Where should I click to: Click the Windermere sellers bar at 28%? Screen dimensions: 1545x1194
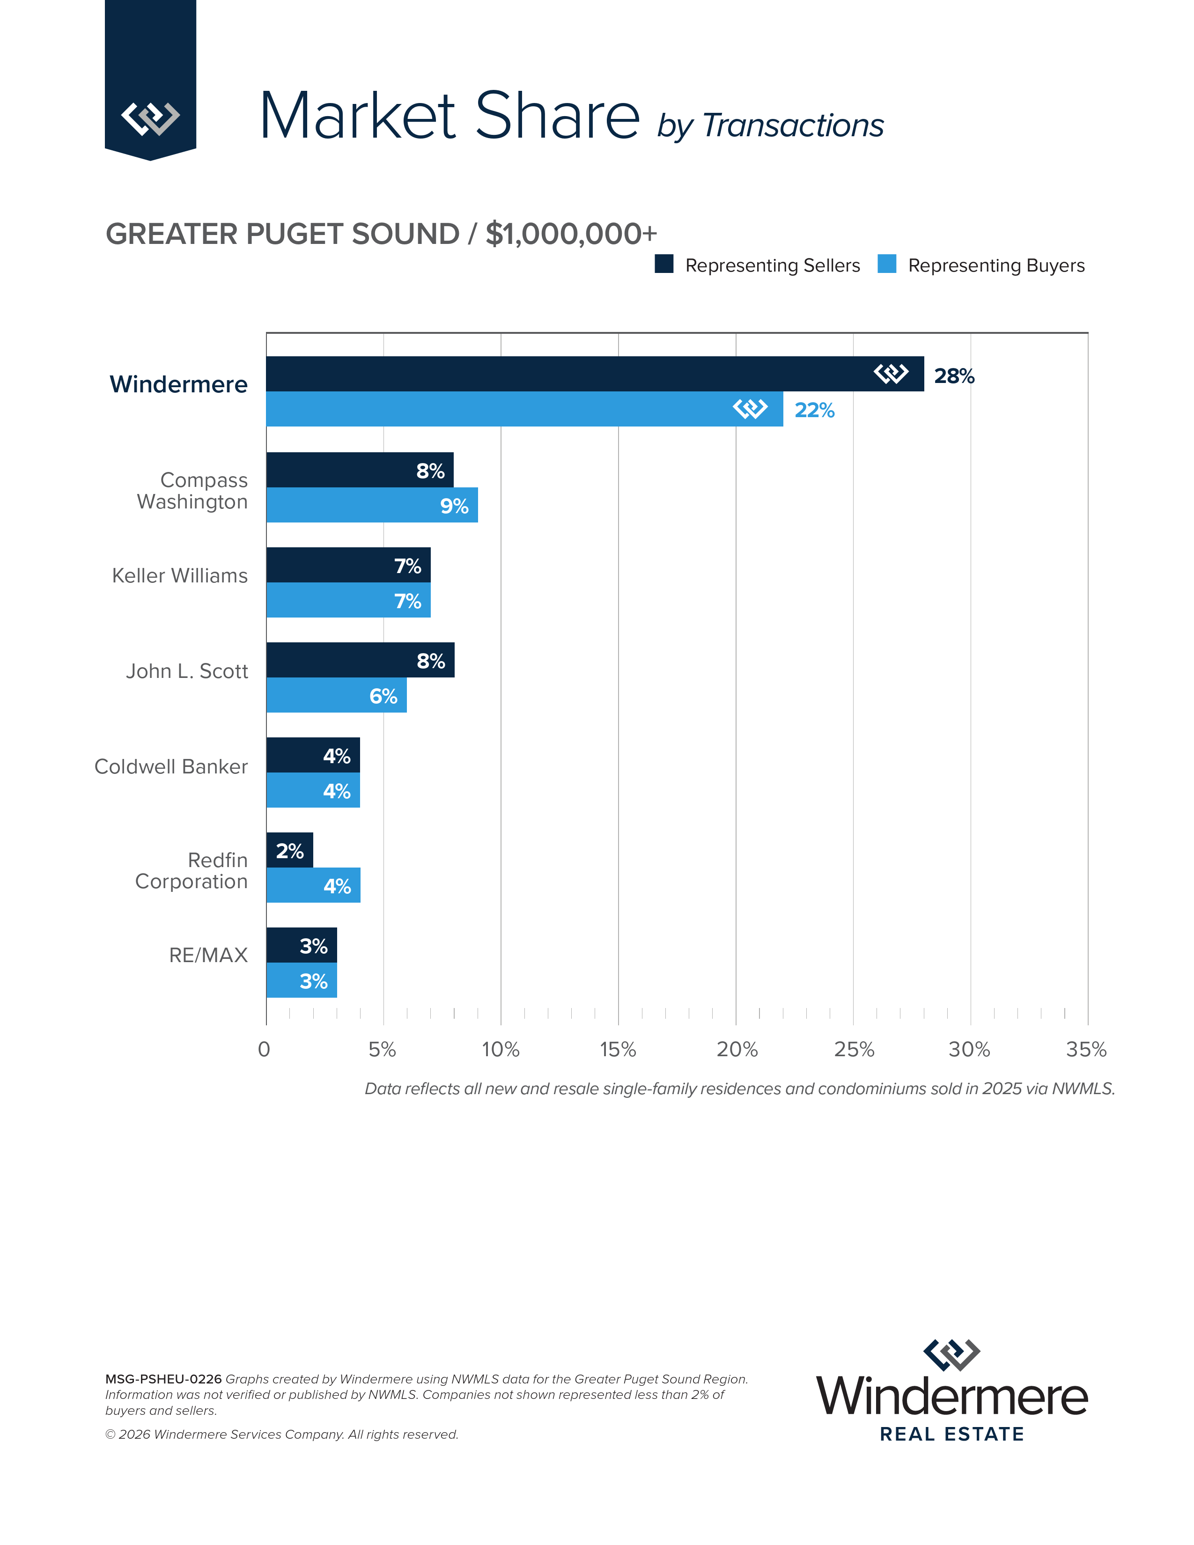[566, 374]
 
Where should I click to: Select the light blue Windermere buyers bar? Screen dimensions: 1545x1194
[495, 409]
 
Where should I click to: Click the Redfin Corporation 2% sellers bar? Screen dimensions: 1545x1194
[289, 850]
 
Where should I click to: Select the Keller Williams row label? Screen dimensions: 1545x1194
[180, 576]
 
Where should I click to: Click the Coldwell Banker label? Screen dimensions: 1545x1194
[171, 767]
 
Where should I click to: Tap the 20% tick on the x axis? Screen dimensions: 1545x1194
[737, 1049]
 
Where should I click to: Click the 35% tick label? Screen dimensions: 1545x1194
[1086, 1049]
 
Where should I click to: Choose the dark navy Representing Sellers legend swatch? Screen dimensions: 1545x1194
[663, 264]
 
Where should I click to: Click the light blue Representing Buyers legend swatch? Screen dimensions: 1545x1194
[886, 264]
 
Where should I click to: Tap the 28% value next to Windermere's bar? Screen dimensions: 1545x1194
[954, 376]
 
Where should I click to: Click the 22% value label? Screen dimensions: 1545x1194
[814, 410]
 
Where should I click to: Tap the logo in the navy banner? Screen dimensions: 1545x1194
[150, 118]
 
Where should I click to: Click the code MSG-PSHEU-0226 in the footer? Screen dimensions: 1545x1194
[163, 1379]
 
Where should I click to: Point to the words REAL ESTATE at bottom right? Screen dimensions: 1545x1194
[951, 1435]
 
